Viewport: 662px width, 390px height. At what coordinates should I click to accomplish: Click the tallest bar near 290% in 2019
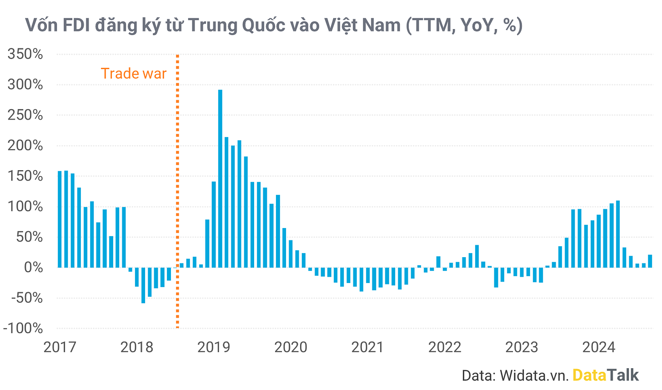pyautogui.click(x=220, y=178)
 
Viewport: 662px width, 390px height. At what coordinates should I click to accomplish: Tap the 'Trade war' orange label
pyautogui.click(x=134, y=73)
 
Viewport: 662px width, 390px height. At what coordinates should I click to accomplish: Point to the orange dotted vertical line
pyautogui.click(x=178, y=191)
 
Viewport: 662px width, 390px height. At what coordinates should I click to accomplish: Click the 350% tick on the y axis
pyautogui.click(x=25, y=54)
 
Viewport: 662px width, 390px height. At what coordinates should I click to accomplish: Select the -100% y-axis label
pyautogui.click(x=23, y=328)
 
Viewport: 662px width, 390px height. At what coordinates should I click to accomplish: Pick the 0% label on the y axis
pyautogui.click(x=33, y=268)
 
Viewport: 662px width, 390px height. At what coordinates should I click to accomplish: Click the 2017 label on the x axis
pyautogui.click(x=60, y=347)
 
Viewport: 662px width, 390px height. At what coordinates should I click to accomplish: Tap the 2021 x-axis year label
pyautogui.click(x=368, y=347)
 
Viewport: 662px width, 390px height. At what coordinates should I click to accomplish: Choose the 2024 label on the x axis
pyautogui.click(x=599, y=347)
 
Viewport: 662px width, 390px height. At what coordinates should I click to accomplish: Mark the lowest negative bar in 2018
pyautogui.click(x=143, y=285)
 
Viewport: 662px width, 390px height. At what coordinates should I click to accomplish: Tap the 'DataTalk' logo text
pyautogui.click(x=606, y=375)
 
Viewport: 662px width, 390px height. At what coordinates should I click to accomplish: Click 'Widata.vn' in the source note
pyautogui.click(x=534, y=375)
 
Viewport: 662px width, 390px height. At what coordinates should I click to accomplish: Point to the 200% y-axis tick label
pyautogui.click(x=25, y=146)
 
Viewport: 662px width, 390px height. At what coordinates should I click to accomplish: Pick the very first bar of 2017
pyautogui.click(x=60, y=219)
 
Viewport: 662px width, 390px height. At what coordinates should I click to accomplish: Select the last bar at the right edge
pyautogui.click(x=650, y=261)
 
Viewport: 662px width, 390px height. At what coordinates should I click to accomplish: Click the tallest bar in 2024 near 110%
pyautogui.click(x=618, y=234)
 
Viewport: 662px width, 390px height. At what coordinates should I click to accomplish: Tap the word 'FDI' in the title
pyautogui.click(x=76, y=25)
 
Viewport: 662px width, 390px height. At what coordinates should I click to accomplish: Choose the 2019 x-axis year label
pyautogui.click(x=214, y=347)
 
